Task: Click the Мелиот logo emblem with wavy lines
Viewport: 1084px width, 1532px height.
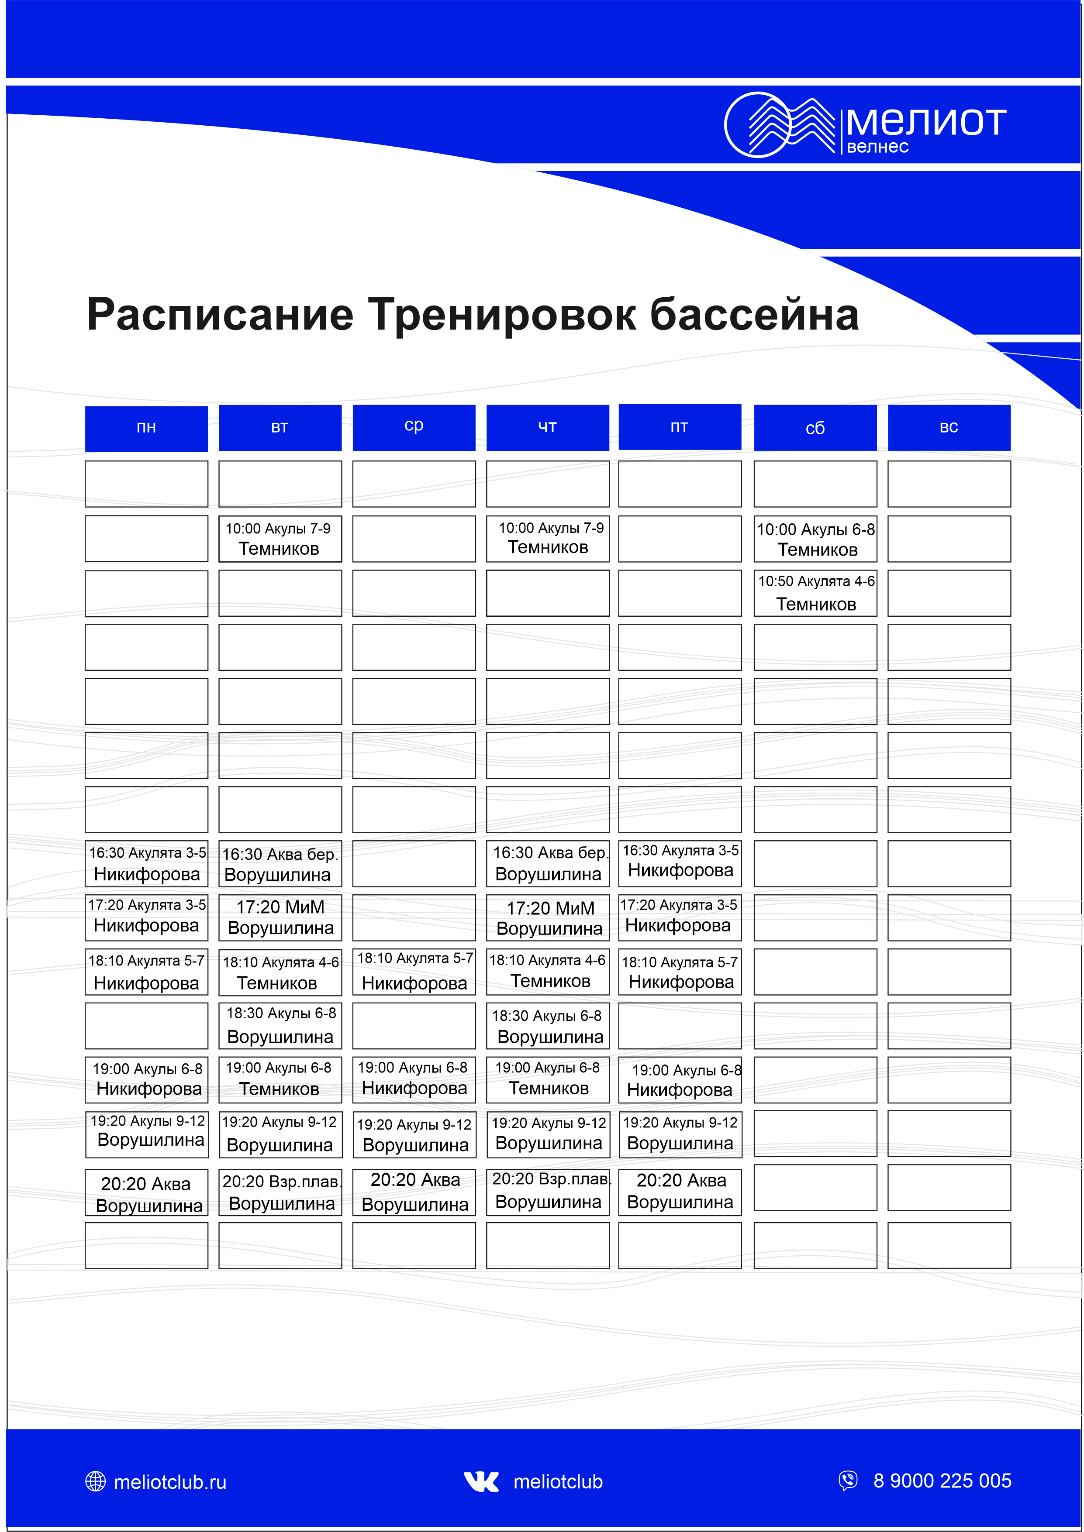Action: tap(779, 125)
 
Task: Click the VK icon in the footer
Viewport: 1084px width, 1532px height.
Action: tap(481, 1481)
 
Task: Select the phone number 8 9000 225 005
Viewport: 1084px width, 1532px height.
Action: tap(942, 1480)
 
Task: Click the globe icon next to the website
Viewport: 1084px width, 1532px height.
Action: tap(96, 1481)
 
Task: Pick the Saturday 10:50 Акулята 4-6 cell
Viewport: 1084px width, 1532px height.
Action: tap(815, 593)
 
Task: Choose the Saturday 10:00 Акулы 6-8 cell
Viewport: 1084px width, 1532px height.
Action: tap(815, 539)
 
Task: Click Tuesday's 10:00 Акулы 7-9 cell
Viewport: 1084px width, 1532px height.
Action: tap(280, 539)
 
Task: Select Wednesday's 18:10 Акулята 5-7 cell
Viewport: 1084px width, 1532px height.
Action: tap(414, 972)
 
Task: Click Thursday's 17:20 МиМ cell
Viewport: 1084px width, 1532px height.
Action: tap(548, 917)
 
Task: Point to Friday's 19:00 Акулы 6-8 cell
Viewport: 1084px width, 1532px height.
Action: tap(680, 1080)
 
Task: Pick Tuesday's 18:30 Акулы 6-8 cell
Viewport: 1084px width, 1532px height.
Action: tap(280, 1026)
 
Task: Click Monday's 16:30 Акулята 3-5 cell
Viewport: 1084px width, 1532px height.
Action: tap(146, 863)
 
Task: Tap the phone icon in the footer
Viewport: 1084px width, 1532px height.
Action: tap(848, 1480)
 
